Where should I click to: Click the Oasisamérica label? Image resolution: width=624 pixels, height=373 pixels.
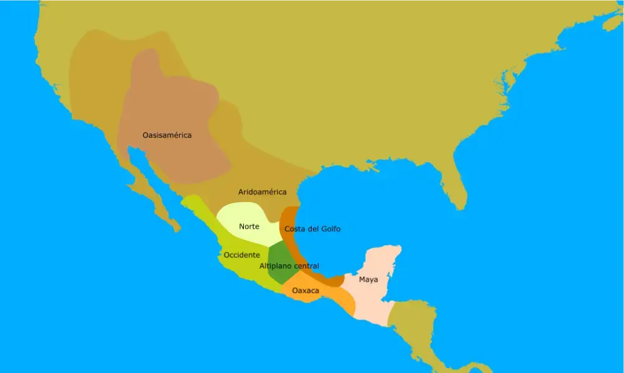tap(167, 135)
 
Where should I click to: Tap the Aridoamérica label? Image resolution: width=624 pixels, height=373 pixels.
tap(262, 191)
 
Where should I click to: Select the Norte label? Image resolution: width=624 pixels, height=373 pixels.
tap(249, 226)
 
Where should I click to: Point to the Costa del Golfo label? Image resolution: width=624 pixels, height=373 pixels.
tap(312, 229)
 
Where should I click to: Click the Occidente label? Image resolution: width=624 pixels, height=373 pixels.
tap(241, 255)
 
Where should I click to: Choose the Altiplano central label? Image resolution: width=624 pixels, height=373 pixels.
tap(289, 266)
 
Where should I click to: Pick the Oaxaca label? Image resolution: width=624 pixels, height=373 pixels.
tap(305, 290)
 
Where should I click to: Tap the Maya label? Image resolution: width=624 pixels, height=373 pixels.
tap(368, 280)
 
